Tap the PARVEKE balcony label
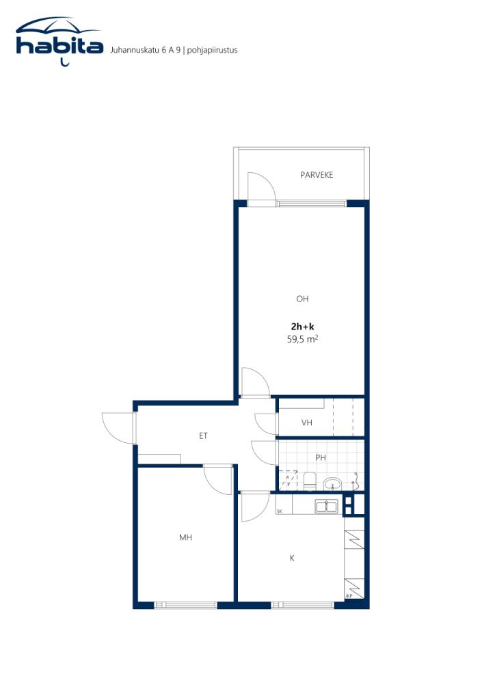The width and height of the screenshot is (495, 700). coord(317,175)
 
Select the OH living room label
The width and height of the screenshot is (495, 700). coord(302,299)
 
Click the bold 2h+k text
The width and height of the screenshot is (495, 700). coord(302,326)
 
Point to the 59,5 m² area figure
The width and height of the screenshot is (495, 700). coord(302,338)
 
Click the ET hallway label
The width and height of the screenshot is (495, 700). coord(203,435)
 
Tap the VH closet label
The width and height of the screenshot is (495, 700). coord(307,423)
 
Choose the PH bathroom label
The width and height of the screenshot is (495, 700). coord(321,457)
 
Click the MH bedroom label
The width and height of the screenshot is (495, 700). coord(185,538)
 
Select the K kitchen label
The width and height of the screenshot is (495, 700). coord(292,558)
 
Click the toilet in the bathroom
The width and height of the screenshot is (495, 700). coord(308,481)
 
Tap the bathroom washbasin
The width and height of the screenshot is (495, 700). coord(333,484)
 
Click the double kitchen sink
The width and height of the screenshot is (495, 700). coord(326,506)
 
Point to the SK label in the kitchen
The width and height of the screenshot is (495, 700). coord(279,511)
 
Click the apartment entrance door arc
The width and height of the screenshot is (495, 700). coord(117,429)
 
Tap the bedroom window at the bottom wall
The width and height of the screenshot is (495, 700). coord(185,605)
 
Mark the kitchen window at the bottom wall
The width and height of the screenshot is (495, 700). coord(303,605)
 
